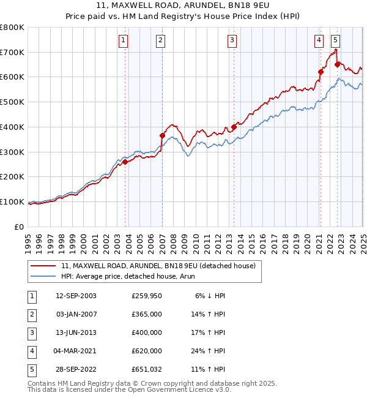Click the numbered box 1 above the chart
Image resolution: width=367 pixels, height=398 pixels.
124,41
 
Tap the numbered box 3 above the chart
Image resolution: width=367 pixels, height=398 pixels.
232,41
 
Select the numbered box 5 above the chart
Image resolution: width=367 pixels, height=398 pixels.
336,41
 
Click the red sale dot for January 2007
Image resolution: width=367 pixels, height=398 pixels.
163,135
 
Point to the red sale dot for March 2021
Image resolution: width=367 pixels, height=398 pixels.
320,72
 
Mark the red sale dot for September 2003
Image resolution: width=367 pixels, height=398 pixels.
125,162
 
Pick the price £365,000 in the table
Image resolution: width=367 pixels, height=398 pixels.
147,314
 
